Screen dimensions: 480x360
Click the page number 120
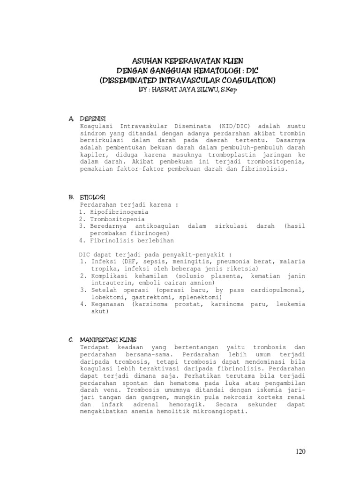pyautogui.click(x=300, y=451)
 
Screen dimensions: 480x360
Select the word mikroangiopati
pyautogui.click(x=213, y=412)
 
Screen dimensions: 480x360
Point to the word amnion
pyautogui.click(x=202, y=283)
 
